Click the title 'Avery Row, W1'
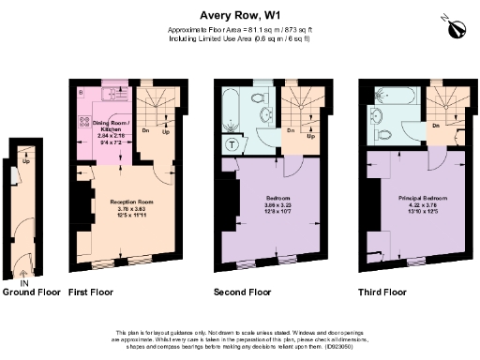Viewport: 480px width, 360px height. [240, 15]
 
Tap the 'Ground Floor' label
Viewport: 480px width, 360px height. [31, 292]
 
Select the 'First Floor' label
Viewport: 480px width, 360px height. [91, 292]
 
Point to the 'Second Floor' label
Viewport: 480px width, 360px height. [243, 292]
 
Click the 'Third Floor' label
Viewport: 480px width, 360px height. [383, 292]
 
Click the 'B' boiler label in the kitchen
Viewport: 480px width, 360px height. [82, 92]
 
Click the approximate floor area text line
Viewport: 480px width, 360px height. [240, 30]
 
